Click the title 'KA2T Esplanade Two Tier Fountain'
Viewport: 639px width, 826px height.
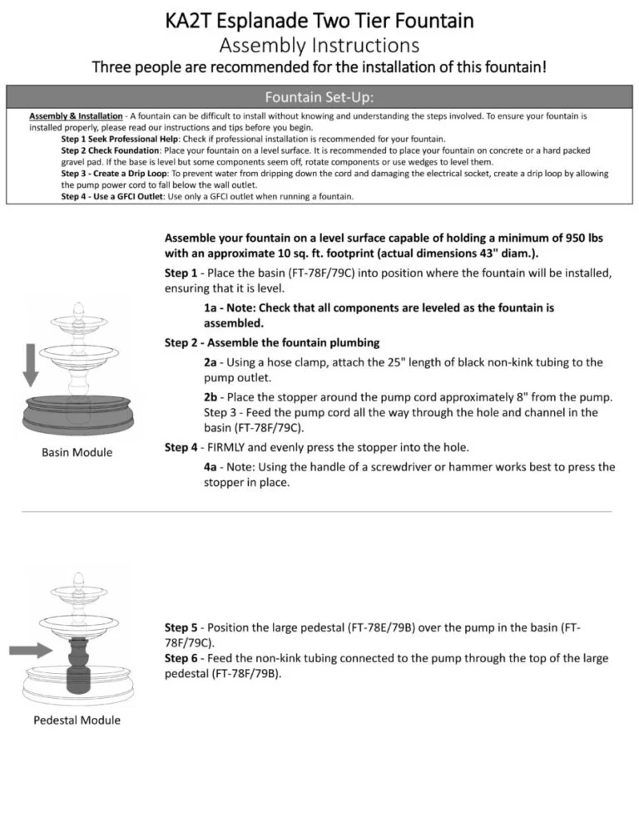(x=319, y=19)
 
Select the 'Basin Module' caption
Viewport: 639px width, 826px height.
(x=77, y=452)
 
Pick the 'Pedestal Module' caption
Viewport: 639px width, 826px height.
(x=77, y=720)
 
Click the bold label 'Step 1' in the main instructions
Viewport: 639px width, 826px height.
(x=181, y=273)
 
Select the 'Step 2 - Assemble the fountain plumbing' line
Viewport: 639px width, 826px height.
(x=272, y=342)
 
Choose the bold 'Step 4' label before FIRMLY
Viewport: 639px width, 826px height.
(x=181, y=447)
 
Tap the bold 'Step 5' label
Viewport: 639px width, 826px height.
(x=181, y=627)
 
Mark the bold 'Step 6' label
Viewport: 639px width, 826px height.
(x=181, y=658)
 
